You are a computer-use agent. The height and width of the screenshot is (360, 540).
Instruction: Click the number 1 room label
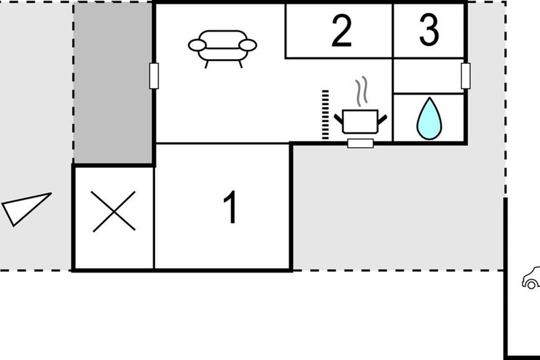(x=230, y=207)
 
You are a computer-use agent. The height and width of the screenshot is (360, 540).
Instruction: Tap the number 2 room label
(x=341, y=31)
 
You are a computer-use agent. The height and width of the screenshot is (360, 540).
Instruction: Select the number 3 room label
(x=429, y=30)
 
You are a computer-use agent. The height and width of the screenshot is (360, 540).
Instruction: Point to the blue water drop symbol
(x=429, y=119)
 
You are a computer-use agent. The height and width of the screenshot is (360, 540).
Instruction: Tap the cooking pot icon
(x=360, y=121)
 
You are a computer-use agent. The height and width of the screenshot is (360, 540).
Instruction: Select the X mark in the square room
(x=114, y=211)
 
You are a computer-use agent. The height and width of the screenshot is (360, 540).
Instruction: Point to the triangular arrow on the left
(x=25, y=207)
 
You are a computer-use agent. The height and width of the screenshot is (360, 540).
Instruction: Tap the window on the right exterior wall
(x=466, y=76)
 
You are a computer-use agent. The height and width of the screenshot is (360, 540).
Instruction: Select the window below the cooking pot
(x=360, y=144)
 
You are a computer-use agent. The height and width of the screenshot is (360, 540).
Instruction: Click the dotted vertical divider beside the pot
(x=325, y=115)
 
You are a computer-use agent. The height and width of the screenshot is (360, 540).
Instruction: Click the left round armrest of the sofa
(x=197, y=45)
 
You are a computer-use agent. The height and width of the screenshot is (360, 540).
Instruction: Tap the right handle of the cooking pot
(x=382, y=120)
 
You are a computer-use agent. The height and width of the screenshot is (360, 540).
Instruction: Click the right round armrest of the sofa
(x=247, y=45)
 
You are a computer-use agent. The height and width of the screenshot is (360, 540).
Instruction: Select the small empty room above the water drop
(x=428, y=76)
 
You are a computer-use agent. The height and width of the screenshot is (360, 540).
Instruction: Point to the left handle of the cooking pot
(x=338, y=120)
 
